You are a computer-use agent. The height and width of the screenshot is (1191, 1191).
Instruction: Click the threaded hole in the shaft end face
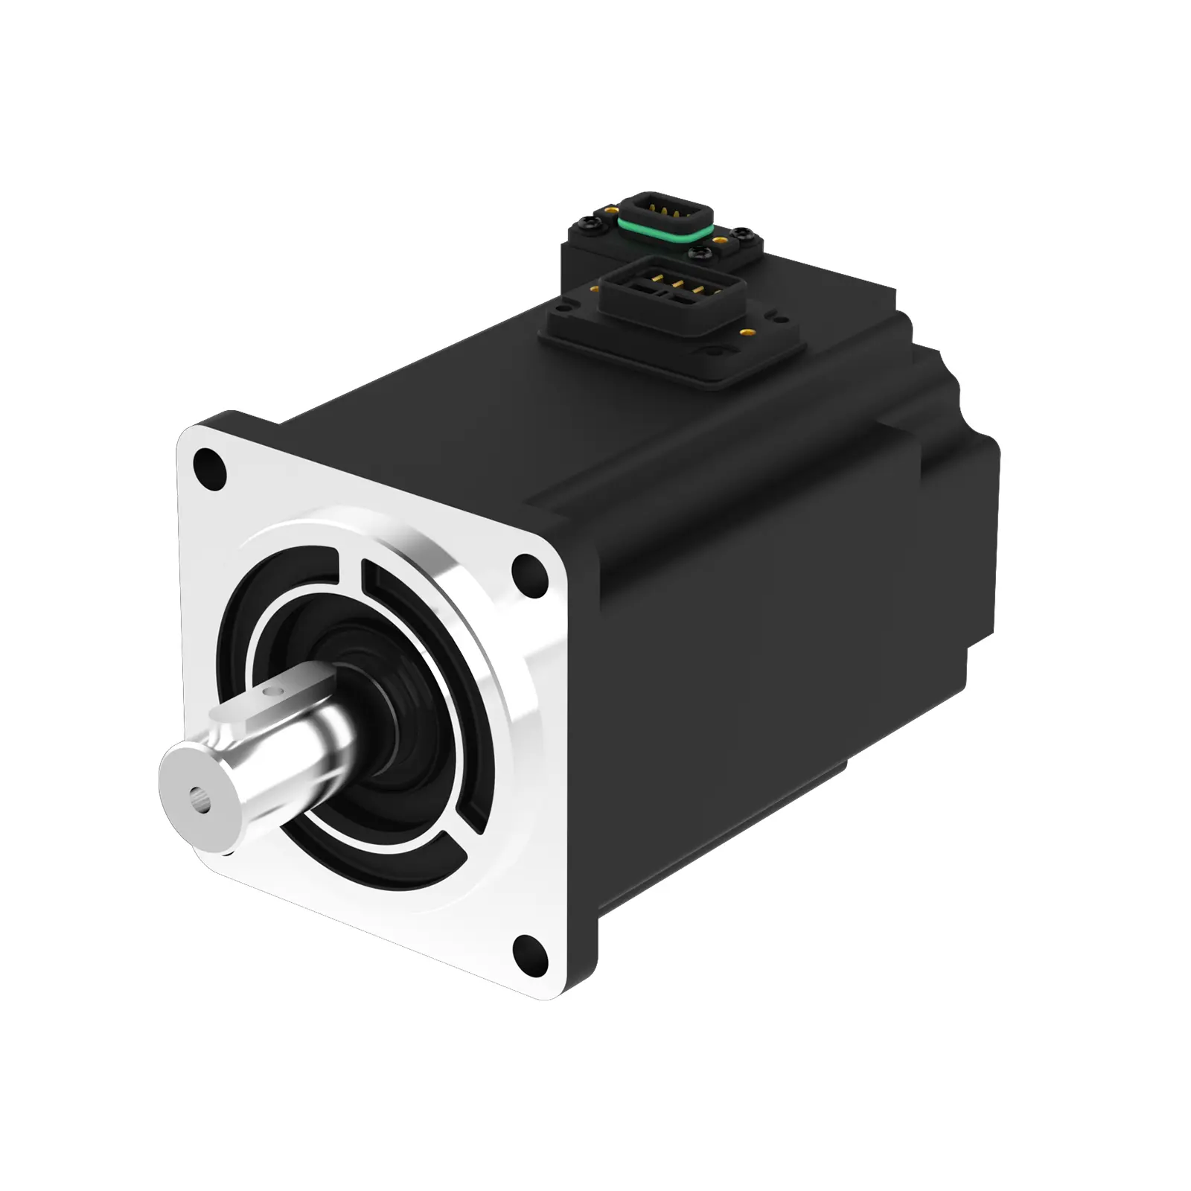(199, 805)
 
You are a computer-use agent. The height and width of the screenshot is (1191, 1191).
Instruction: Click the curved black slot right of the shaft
(439, 670)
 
